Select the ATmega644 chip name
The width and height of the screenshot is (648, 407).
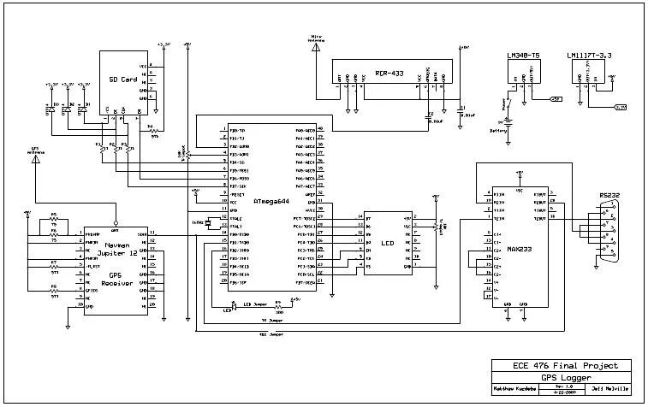270,201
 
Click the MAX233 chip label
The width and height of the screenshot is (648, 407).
518,249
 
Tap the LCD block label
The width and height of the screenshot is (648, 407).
387,243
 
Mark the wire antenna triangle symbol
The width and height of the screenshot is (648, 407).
316,48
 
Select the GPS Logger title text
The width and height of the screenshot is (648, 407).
559,376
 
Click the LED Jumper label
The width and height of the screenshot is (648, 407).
255,304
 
